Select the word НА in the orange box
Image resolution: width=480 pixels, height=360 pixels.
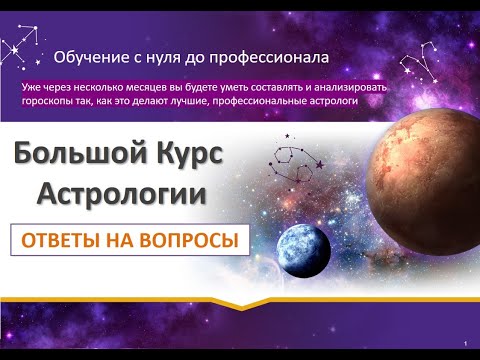point(137,240)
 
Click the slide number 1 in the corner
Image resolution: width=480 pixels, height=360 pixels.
point(466,342)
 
